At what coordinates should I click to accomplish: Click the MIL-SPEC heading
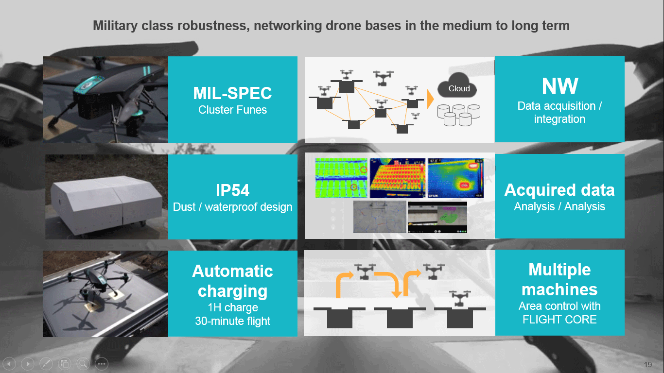click(232, 93)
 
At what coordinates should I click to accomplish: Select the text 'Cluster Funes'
click(232, 110)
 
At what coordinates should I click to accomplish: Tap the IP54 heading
click(232, 190)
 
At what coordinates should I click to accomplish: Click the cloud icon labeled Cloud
click(457, 88)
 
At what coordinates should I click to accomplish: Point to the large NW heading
click(559, 86)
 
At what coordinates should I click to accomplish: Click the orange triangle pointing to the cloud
click(430, 99)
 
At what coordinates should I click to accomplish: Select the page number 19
click(647, 365)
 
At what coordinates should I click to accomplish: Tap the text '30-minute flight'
click(232, 321)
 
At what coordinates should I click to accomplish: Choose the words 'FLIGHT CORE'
click(559, 320)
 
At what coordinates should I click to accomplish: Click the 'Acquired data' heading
click(559, 190)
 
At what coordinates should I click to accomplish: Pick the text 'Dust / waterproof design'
click(232, 207)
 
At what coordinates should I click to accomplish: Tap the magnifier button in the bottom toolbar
click(83, 363)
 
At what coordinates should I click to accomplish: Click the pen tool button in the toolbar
click(46, 363)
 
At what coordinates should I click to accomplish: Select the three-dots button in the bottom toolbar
click(101, 363)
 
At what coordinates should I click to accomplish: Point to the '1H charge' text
click(232, 307)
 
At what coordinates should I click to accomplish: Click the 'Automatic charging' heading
click(232, 281)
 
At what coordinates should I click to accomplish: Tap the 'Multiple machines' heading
click(559, 279)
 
